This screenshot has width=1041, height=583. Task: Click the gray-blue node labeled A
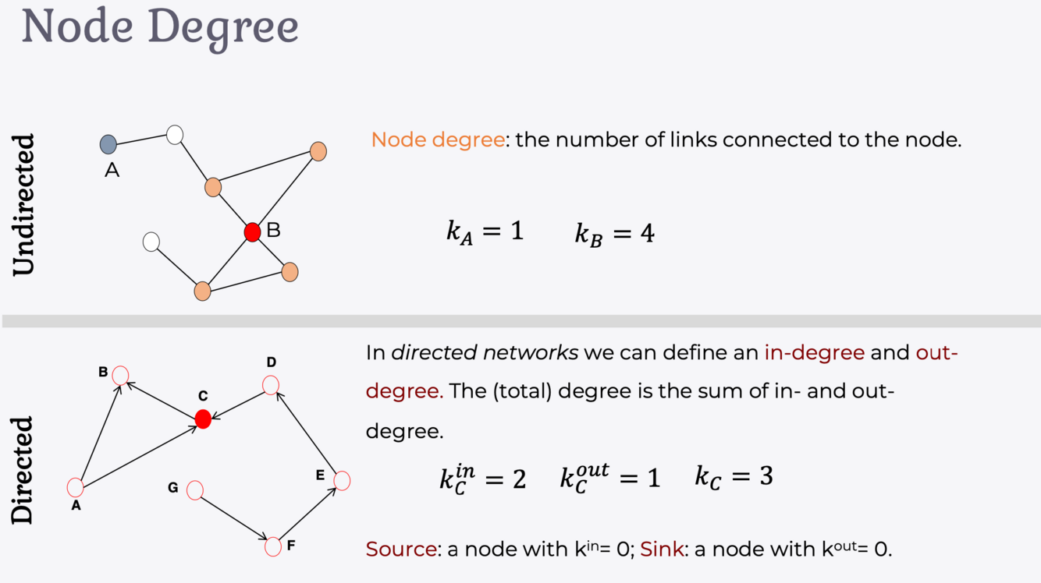(108, 144)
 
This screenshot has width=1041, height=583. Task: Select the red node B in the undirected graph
(252, 231)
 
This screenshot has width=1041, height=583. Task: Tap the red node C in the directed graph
(203, 419)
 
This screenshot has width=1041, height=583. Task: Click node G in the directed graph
(195, 489)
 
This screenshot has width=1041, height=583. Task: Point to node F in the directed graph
(272, 546)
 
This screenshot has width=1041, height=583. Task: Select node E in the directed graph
(342, 481)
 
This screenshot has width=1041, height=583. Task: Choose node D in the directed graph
(271, 385)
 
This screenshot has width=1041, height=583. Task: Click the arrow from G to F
(233, 518)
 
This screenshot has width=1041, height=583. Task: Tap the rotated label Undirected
(25, 204)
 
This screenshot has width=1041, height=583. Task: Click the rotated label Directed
(23, 469)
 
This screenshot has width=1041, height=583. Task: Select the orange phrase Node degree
(437, 140)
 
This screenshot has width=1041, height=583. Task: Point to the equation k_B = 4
(615, 233)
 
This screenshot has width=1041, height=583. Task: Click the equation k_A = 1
(485, 232)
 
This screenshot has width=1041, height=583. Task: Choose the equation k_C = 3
(734, 476)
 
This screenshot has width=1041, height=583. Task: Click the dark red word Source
(401, 549)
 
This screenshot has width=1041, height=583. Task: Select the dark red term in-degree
(814, 352)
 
